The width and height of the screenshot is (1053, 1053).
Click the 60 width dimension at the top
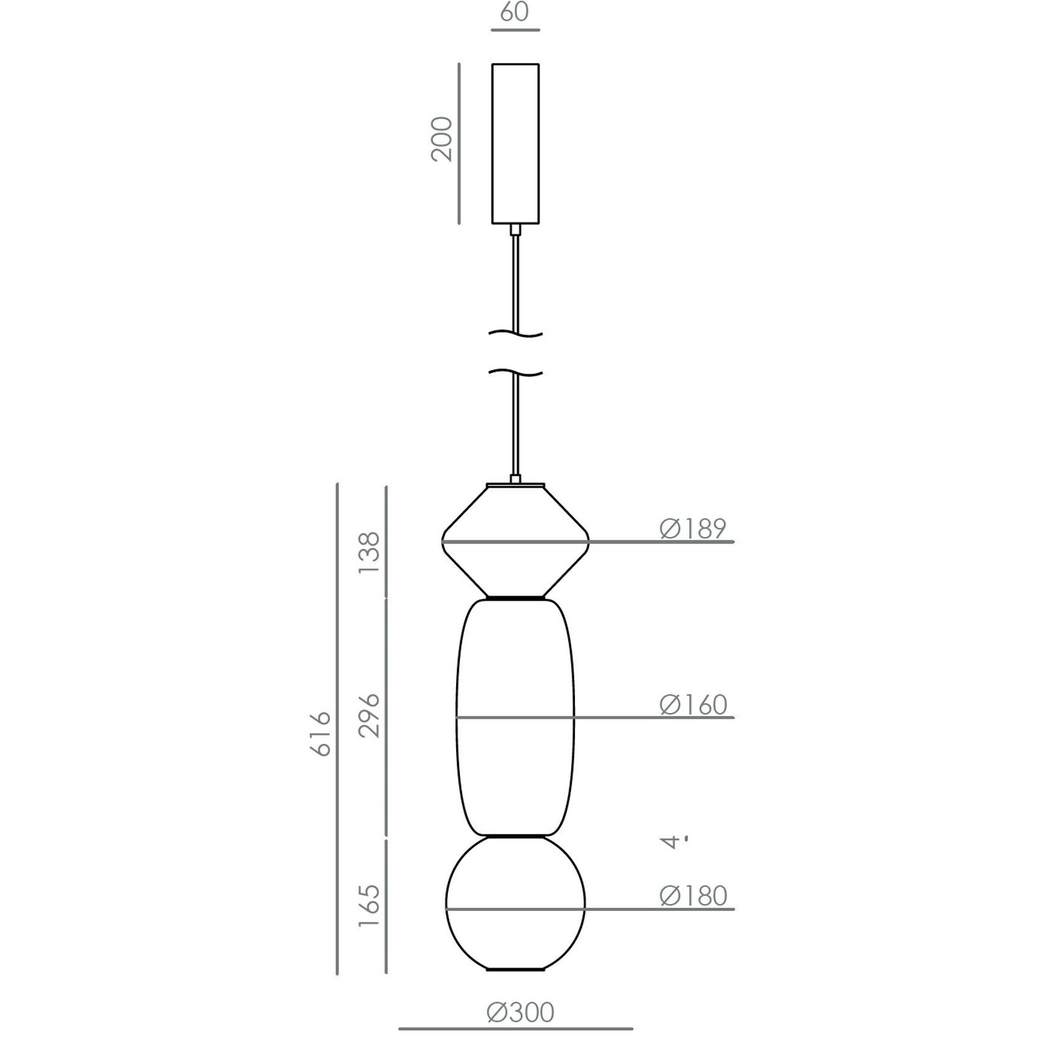[x=515, y=13]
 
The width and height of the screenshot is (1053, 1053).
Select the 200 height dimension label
[x=442, y=139]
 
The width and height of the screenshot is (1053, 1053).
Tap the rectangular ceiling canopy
[x=515, y=143]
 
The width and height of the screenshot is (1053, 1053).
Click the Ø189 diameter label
[x=692, y=529]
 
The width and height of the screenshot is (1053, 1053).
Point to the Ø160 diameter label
[x=692, y=705]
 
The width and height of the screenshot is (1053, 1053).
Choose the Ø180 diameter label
[x=692, y=896]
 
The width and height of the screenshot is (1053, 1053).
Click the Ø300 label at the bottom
[x=520, y=1012]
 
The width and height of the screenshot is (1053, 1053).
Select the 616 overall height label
[x=321, y=734]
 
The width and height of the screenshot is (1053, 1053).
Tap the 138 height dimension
[x=369, y=552]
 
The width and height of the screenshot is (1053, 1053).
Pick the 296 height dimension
[x=369, y=715]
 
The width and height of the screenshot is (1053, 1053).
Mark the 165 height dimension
[x=369, y=905]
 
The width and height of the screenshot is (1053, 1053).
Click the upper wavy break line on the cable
[x=515, y=334]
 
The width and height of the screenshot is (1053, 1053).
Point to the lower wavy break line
[x=515, y=373]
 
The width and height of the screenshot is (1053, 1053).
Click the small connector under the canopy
[x=515, y=229]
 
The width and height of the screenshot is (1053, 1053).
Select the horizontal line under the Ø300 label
[x=515, y=1029]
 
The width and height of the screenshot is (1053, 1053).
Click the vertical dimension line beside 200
[x=459, y=143]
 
